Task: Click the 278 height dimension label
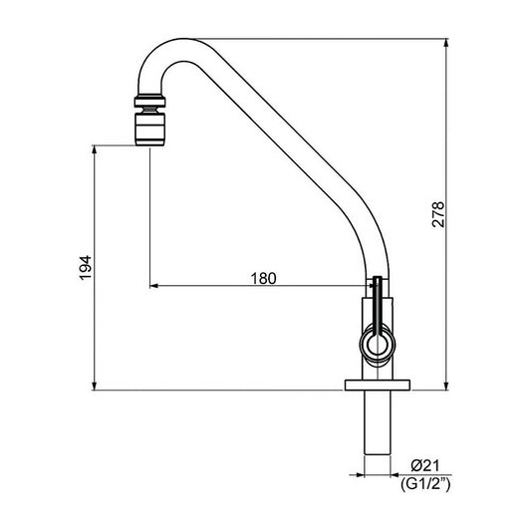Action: (438, 214)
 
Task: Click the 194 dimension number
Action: (86, 268)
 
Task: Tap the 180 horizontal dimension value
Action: (263, 278)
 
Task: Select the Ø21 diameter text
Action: (425, 465)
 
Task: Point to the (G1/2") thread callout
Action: (425, 484)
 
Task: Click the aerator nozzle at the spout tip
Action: (150, 130)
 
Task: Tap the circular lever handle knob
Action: (378, 344)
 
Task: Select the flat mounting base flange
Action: (378, 385)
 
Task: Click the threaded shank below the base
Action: (378, 422)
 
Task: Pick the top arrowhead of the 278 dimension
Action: (446, 43)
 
